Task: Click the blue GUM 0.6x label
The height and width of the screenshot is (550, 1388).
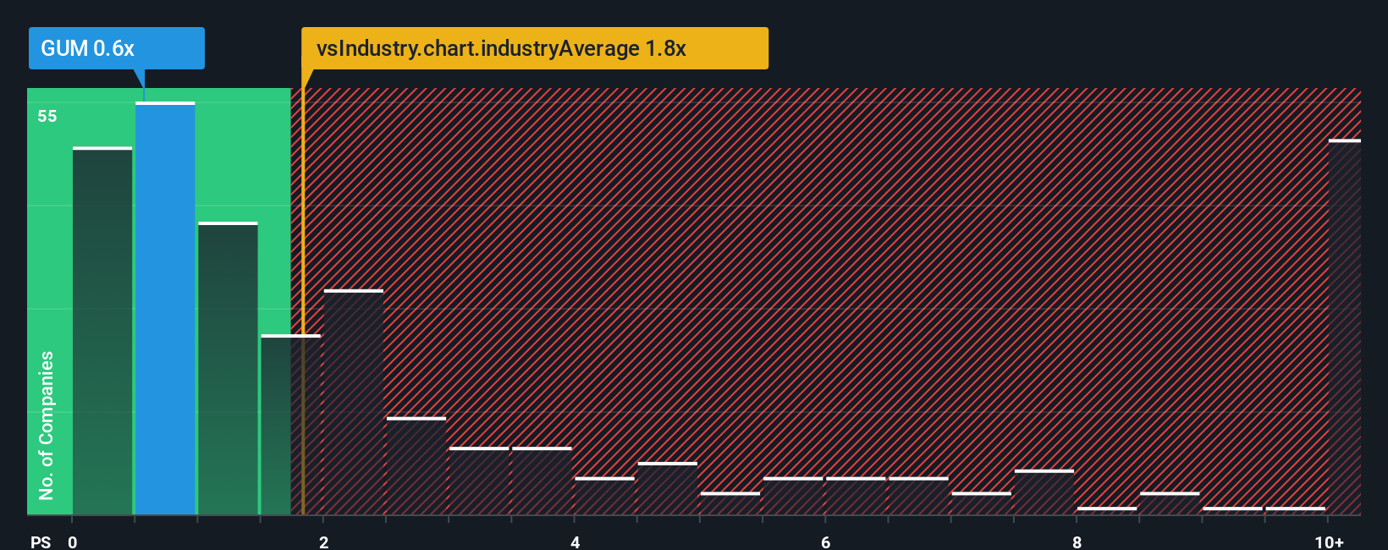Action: [x=116, y=48]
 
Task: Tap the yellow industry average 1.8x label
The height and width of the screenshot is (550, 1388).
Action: [x=534, y=48]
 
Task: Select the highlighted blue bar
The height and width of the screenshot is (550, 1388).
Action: [x=165, y=309]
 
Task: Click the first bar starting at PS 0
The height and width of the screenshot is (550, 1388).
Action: [x=102, y=331]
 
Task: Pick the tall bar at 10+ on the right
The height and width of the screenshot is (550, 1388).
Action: [x=1344, y=327]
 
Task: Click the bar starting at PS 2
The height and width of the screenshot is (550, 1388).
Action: [x=354, y=402]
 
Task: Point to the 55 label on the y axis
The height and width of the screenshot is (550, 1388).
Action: [x=47, y=117]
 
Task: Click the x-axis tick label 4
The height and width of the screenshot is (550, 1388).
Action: [x=576, y=542]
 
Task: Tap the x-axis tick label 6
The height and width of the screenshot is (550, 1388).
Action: [x=826, y=542]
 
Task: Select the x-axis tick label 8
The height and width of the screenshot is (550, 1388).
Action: [x=1077, y=542]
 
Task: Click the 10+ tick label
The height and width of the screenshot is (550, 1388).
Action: [x=1329, y=542]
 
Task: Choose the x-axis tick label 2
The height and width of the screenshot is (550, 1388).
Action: [x=324, y=542]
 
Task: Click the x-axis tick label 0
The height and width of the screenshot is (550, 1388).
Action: [x=73, y=542]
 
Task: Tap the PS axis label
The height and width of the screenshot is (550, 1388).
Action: [x=41, y=542]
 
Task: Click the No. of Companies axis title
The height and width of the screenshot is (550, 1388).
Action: [x=47, y=425]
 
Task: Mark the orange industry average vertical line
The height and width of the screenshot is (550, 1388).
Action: [x=302, y=296]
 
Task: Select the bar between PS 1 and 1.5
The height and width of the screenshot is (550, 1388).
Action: [x=228, y=368]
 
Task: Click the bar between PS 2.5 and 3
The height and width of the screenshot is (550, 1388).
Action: [x=416, y=466]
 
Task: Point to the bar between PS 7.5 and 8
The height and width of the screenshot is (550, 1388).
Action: [x=1044, y=492]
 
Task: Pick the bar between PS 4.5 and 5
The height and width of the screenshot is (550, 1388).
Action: [x=668, y=489]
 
